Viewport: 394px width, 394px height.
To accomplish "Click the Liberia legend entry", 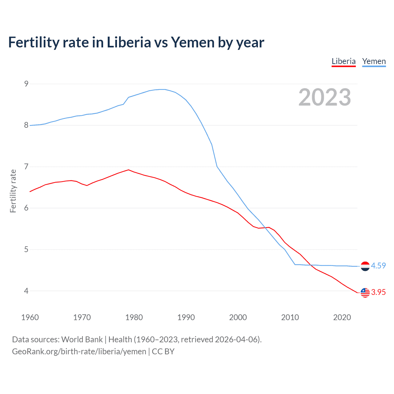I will (x=344, y=61).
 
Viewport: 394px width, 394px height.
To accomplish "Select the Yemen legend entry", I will (x=374, y=61).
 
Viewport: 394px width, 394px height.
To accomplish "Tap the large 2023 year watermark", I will (x=325, y=97).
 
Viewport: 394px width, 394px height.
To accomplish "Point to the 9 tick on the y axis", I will (x=26, y=84).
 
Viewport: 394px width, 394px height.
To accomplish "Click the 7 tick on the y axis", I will (x=26, y=167).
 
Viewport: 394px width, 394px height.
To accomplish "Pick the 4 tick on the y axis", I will (x=26, y=291).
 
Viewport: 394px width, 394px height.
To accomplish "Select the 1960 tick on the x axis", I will (x=30, y=317).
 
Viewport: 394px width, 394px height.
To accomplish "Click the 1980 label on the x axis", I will (x=134, y=317).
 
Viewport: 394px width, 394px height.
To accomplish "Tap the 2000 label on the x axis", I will (x=238, y=317).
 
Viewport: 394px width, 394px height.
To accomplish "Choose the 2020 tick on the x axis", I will (x=342, y=317).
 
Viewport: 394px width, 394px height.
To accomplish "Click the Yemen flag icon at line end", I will (x=365, y=266).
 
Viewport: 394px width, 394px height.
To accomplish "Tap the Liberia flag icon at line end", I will (x=365, y=293).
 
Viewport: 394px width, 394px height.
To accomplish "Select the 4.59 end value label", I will (x=378, y=266).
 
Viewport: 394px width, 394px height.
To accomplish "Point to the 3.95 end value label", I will (x=378, y=292).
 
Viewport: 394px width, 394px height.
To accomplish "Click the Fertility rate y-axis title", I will (x=13, y=191).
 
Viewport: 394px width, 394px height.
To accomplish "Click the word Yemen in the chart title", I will (x=192, y=42).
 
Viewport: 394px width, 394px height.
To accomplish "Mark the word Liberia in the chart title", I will (x=129, y=42).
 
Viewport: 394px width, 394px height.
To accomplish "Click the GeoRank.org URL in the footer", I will (x=79, y=351).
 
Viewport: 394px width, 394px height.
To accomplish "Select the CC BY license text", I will (x=163, y=351).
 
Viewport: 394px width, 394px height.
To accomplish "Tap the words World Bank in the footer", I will (x=82, y=339).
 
